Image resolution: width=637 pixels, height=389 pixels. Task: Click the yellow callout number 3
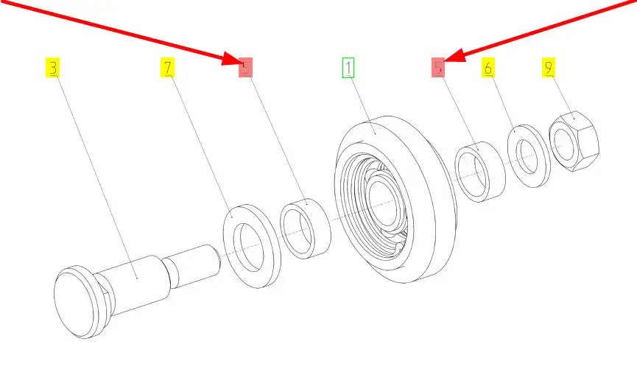(52, 68)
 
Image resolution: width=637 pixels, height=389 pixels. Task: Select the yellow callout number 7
(167, 68)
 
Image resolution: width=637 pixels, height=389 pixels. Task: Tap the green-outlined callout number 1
(348, 68)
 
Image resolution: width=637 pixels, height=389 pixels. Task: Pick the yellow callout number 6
(488, 68)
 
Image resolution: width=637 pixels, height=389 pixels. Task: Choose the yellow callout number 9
(549, 68)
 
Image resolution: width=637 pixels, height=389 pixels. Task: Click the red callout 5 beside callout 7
(245, 68)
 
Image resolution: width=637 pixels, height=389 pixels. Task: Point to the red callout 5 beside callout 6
(438, 68)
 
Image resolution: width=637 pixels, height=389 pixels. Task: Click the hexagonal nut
(574, 141)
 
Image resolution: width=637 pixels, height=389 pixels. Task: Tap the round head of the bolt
(75, 303)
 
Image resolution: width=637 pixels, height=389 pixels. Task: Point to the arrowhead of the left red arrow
(233, 59)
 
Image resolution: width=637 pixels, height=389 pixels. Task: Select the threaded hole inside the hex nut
(564, 144)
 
